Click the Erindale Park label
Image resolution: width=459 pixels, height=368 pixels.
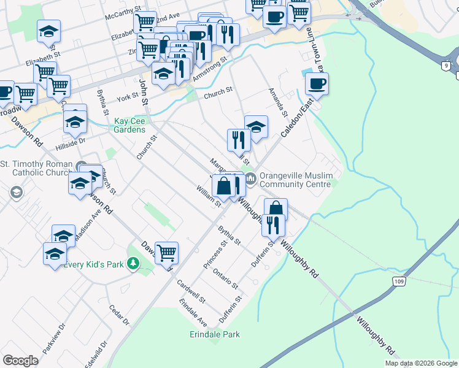pos(214,334)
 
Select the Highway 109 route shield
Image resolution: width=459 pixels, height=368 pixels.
pos(398,280)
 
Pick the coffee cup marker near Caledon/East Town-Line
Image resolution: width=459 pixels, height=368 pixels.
pos(317,84)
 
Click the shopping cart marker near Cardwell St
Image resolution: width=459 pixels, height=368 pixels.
pos(166,252)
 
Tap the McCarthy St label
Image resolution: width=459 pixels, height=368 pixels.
pos(122,15)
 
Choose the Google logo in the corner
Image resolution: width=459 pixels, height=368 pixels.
pos(20,361)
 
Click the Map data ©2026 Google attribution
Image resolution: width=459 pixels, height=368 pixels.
pos(421,363)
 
